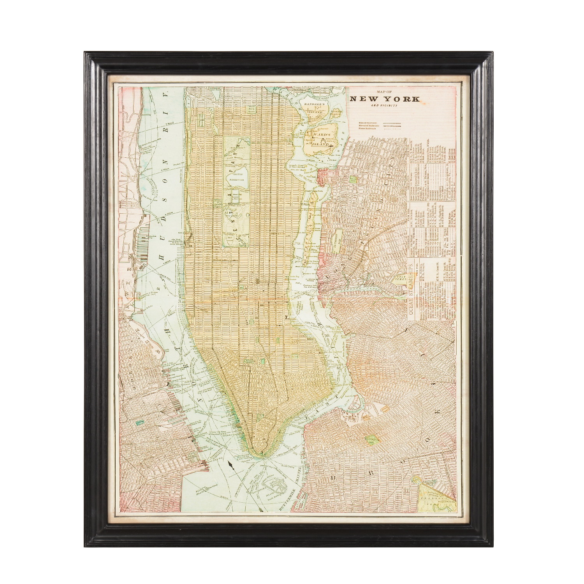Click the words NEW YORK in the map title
point(385,99)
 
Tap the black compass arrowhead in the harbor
point(231,464)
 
